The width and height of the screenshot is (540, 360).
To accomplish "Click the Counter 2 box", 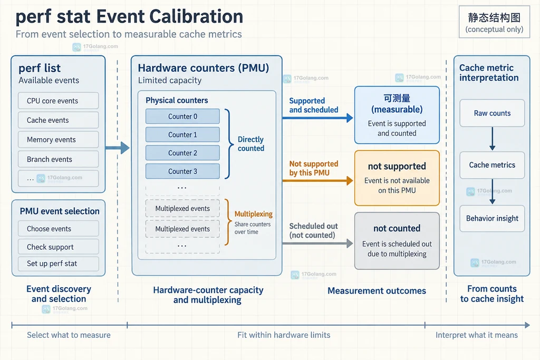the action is tap(182, 153).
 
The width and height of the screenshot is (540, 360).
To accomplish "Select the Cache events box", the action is tap(58, 120).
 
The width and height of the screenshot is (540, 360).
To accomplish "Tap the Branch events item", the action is tap(58, 159).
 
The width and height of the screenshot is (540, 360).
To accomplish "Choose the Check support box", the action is tap(58, 247).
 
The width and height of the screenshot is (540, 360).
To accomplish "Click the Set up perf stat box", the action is tap(58, 264).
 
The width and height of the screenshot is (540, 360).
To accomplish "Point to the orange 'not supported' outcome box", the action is tap(397, 178).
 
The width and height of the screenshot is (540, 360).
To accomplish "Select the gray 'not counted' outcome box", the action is tap(397, 240).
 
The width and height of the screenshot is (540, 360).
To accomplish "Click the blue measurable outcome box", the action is tap(397, 115).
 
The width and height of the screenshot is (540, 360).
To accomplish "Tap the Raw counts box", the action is tap(492, 113).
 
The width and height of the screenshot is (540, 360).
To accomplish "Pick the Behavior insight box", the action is tap(492, 219).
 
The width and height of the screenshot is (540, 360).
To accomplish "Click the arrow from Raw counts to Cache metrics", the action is tap(493, 139).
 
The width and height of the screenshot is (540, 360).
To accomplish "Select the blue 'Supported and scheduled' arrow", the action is tap(317, 118).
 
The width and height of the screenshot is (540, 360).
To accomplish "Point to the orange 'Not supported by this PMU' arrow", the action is tap(317, 180).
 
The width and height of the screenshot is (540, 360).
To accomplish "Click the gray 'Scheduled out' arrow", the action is tap(317, 244).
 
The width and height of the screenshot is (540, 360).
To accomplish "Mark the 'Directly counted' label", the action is tap(251, 144).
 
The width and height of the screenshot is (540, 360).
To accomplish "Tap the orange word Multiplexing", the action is tap(254, 214).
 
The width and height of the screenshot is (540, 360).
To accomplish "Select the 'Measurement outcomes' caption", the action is tap(377, 291).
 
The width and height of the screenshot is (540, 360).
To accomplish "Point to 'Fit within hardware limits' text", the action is tap(284, 335).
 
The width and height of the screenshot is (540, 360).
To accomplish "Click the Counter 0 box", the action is tap(182, 116).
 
